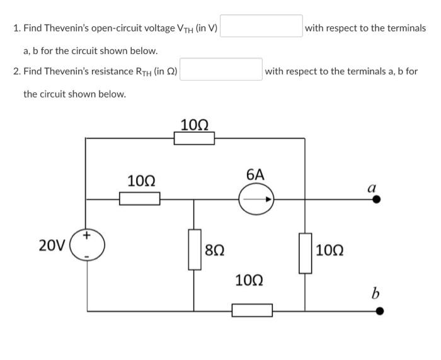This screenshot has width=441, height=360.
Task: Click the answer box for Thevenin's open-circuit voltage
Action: (261, 28)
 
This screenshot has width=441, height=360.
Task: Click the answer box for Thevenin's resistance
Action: (222, 71)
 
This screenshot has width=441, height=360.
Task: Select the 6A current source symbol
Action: (256, 200)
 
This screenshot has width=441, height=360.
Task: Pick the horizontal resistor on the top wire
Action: (194, 137)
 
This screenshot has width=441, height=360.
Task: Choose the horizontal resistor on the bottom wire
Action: (252, 310)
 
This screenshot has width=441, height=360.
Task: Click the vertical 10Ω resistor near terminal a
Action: (306, 252)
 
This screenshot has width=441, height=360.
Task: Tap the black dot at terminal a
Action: (377, 200)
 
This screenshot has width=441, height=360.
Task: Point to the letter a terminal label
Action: (372, 187)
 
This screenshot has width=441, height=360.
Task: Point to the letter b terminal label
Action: (375, 293)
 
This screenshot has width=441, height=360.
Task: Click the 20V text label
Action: (51, 245)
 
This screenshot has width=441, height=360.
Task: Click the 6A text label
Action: (255, 174)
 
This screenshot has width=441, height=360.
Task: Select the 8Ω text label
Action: (215, 250)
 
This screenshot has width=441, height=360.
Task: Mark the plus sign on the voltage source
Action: (88, 235)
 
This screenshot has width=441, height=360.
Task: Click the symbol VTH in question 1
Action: (185, 29)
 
